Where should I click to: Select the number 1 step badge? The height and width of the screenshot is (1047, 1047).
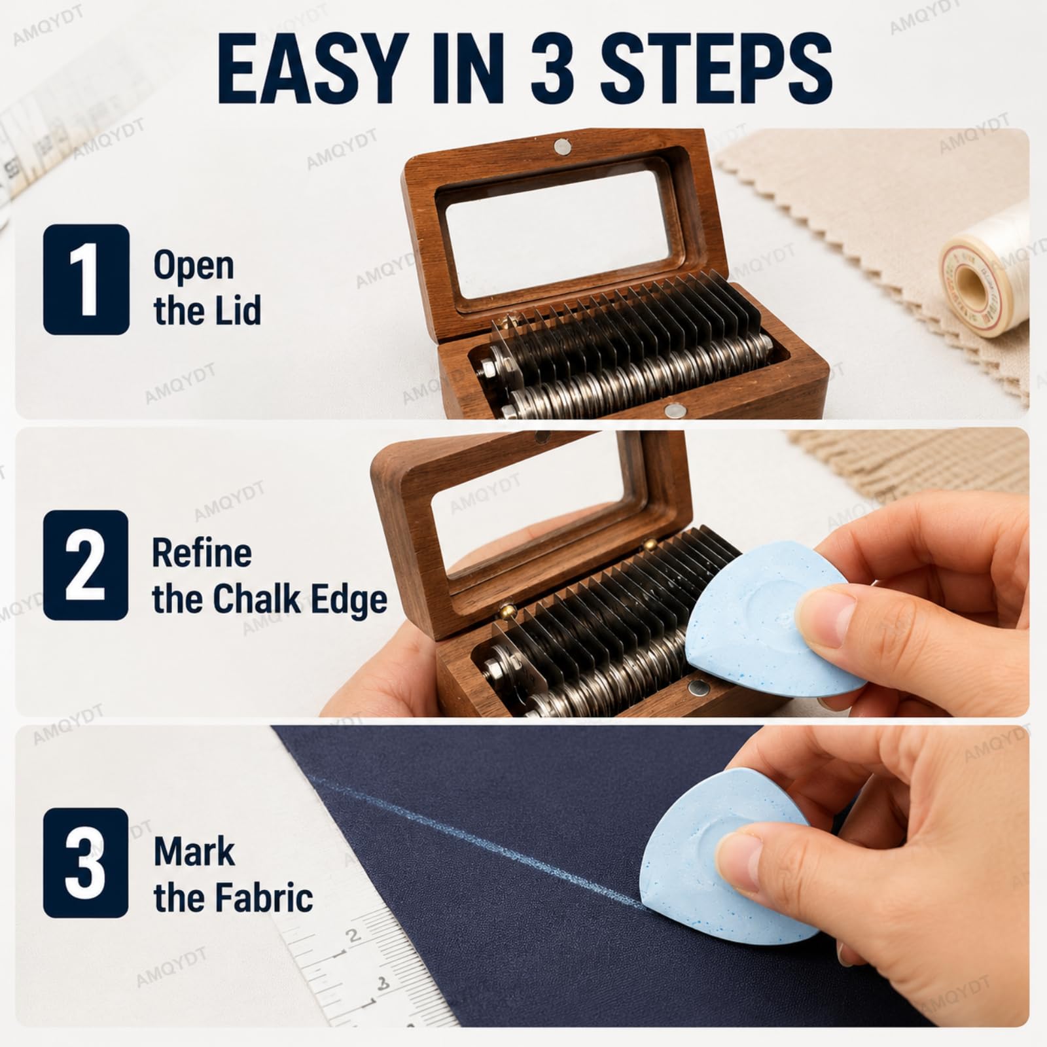(86, 279)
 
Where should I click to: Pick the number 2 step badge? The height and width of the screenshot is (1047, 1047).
(86, 565)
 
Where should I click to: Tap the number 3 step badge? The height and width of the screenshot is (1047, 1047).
(86, 862)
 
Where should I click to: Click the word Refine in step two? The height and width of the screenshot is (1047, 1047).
(202, 554)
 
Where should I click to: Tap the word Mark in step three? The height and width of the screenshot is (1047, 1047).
(194, 851)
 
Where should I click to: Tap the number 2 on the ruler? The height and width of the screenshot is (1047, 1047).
(353, 936)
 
